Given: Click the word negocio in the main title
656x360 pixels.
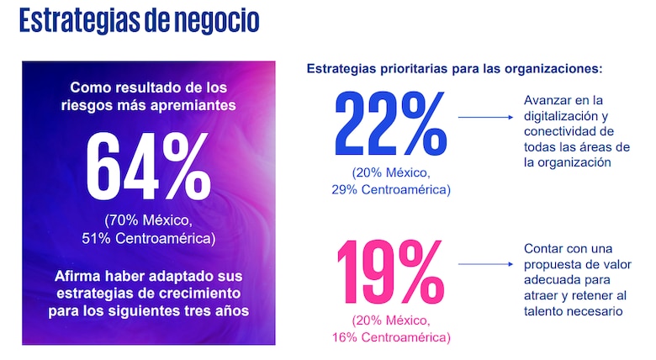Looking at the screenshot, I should click(218, 21).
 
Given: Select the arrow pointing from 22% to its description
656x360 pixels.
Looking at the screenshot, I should click(486, 118).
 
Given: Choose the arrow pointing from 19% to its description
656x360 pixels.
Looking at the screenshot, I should click(486, 265).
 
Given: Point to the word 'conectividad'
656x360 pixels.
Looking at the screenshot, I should click(560, 132).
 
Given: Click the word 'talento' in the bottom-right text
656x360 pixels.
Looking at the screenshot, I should click(545, 311).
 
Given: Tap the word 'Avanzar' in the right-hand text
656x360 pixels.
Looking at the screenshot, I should click(548, 101).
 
